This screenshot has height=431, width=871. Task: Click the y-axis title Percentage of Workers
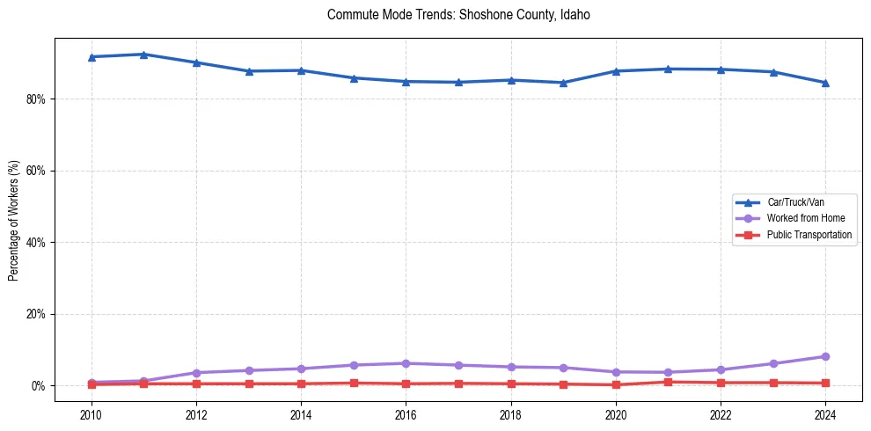14,219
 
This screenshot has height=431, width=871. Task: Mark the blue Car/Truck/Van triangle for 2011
143,55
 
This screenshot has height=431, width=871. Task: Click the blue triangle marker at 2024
825,83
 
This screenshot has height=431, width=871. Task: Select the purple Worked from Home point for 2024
825,356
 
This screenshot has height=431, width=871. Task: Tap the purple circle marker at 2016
406,363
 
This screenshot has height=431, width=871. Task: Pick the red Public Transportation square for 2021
668,382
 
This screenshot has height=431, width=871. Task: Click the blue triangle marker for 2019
563,83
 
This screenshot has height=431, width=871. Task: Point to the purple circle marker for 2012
196,373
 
